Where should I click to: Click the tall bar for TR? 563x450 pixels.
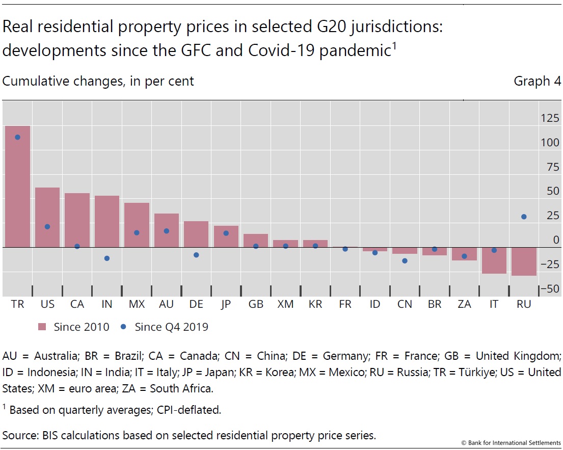pyautogui.click(x=17, y=186)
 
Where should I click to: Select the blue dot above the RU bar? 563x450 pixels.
pyautogui.click(x=524, y=217)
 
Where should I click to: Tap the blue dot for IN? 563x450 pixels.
pyautogui.click(x=106, y=258)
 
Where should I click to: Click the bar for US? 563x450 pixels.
pyautogui.click(x=47, y=217)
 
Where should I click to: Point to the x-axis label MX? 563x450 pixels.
pyautogui.click(x=137, y=304)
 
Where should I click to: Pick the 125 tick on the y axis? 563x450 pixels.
pyautogui.click(x=550, y=118)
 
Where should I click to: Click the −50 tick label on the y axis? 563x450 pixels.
pyautogui.click(x=549, y=289)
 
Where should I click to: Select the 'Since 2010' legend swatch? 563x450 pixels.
pyautogui.click(x=42, y=327)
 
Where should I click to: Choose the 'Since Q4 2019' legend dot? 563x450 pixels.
pyautogui.click(x=124, y=327)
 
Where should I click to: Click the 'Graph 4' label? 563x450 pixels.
pyautogui.click(x=537, y=81)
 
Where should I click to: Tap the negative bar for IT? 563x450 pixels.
pyautogui.click(x=494, y=260)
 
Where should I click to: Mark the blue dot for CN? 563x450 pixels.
pyautogui.click(x=405, y=261)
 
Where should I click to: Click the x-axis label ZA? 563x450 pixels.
pyautogui.click(x=464, y=304)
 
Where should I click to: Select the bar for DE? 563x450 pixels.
pyautogui.click(x=196, y=234)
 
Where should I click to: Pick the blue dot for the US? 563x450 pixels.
pyautogui.click(x=47, y=227)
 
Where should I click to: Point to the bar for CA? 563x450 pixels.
pyautogui.click(x=77, y=220)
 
